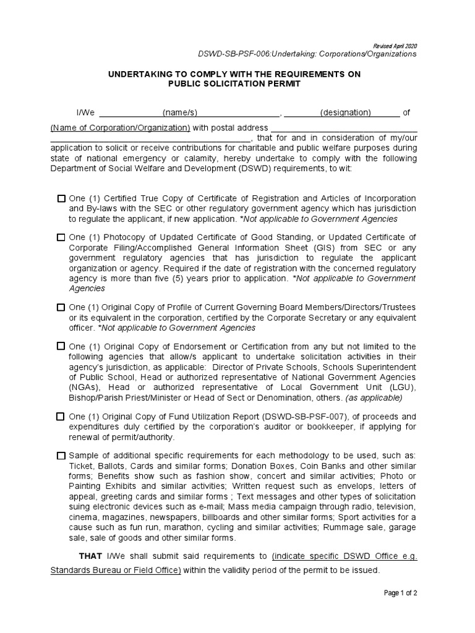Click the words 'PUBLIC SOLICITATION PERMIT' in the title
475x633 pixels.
234,83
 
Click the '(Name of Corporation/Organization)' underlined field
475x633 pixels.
120,127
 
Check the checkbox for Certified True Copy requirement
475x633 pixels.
61,198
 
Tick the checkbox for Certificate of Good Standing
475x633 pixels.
61,237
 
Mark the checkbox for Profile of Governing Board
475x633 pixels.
61,307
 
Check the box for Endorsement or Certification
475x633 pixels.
61,346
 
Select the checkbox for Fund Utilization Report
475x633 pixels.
61,417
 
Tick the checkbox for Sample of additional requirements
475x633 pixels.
61,456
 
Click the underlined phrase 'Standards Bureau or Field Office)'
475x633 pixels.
116,569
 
